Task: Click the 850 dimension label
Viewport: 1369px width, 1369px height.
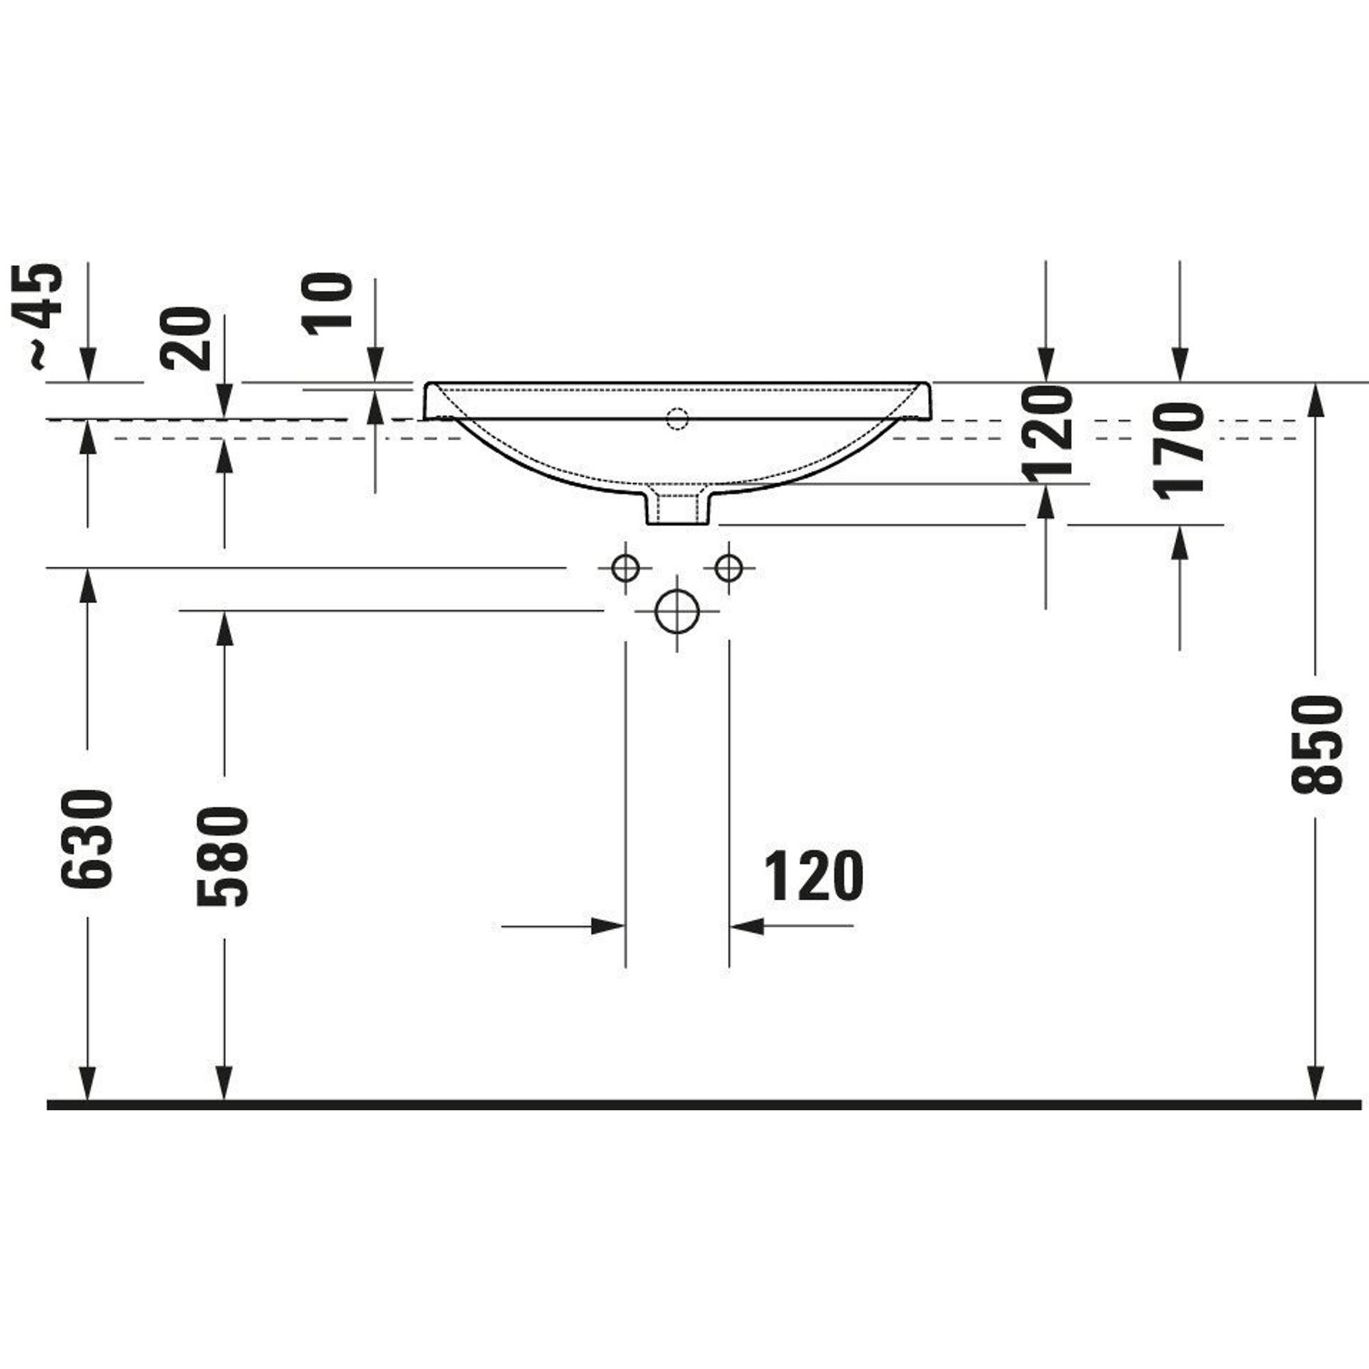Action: [x=1316, y=745]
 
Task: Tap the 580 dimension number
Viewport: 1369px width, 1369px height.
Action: [x=224, y=857]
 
